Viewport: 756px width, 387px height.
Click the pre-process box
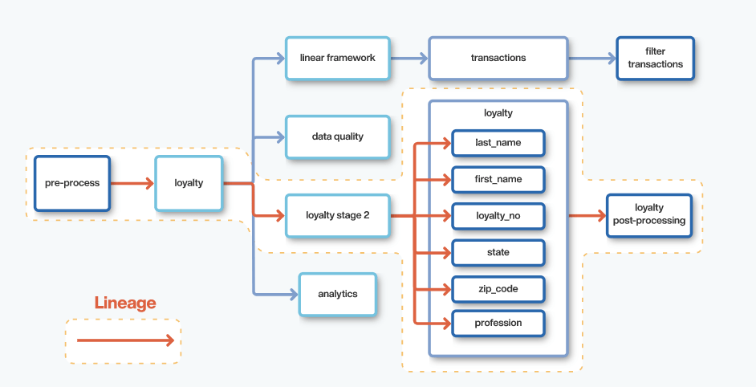click(x=72, y=183)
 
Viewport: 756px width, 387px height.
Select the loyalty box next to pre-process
click(x=189, y=183)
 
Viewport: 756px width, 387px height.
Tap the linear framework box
click(x=337, y=58)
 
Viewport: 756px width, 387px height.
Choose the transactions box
click(x=498, y=58)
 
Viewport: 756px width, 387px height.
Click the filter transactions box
click(x=655, y=58)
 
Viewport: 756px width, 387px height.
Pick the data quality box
click(x=337, y=136)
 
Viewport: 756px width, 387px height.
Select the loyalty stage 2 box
click(x=337, y=215)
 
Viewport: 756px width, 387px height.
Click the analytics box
click(x=337, y=294)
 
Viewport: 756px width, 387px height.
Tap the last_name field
click(x=498, y=142)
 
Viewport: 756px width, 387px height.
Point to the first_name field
click(x=498, y=179)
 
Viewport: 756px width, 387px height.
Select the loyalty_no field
click(x=498, y=216)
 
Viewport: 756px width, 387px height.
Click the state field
click(x=498, y=252)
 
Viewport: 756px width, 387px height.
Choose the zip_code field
click(x=498, y=287)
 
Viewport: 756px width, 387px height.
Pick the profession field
click(x=498, y=323)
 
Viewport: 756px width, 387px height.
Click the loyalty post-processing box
click(x=648, y=214)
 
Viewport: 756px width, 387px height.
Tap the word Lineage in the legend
click(x=125, y=303)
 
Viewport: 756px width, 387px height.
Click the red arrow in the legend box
click(x=124, y=340)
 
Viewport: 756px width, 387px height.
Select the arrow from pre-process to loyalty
click(x=132, y=183)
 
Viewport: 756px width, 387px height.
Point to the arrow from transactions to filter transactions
click(x=592, y=58)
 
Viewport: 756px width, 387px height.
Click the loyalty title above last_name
click(x=498, y=113)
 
